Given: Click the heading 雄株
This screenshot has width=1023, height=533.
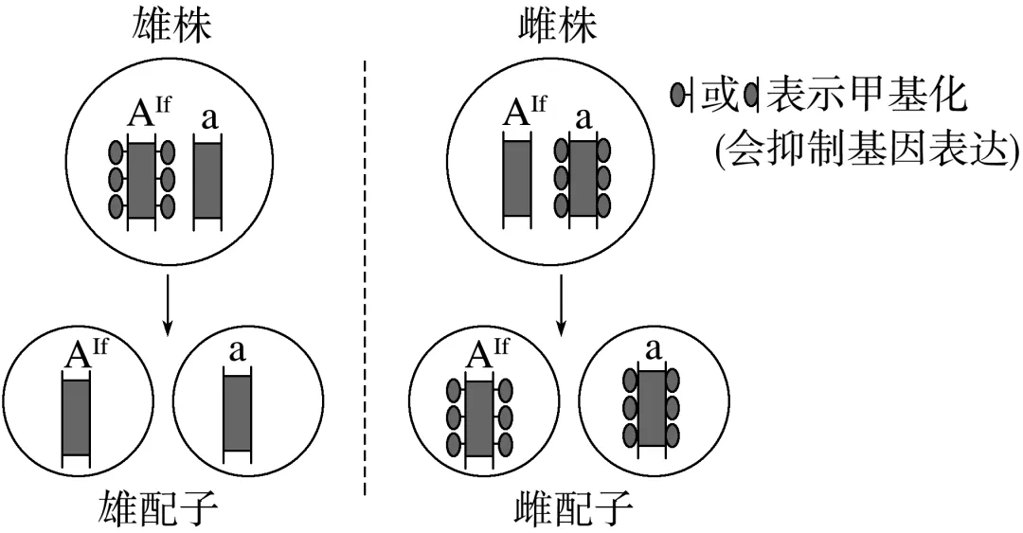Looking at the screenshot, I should [171, 25].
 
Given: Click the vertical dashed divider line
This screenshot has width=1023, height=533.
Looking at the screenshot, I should [365, 275].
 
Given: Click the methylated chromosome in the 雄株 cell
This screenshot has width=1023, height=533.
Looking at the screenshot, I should [141, 180].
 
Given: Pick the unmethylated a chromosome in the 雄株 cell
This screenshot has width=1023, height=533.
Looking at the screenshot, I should [207, 180].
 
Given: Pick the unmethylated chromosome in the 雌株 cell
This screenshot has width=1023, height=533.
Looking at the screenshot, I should [518, 180].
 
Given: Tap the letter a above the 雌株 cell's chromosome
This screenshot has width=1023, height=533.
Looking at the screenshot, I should [583, 118].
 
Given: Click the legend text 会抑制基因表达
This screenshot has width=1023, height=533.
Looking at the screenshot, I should [866, 149].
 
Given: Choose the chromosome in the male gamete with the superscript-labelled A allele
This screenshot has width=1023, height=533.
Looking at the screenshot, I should [76, 418].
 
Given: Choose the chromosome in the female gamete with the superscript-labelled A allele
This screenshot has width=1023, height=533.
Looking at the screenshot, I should [479, 418].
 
